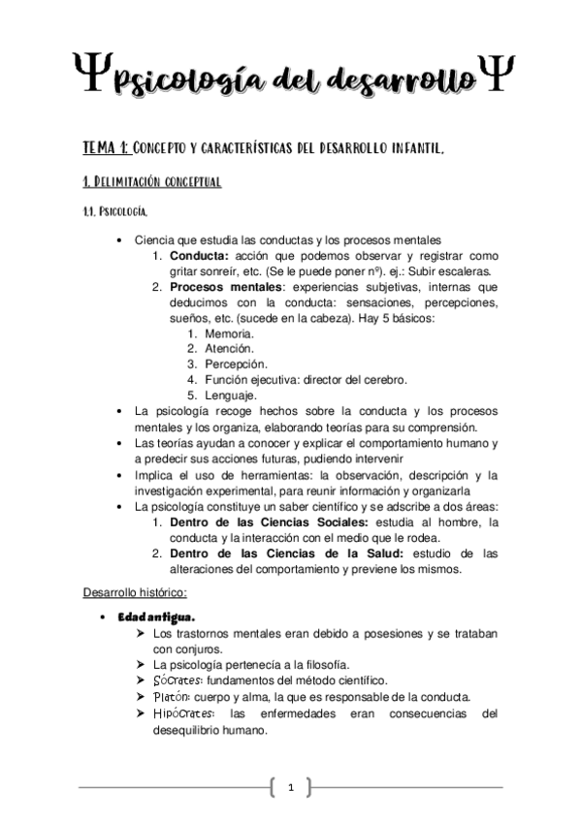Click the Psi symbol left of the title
tap(90, 73)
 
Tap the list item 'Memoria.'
tap(231, 332)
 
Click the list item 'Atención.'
tap(230, 348)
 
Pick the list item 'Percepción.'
tap(237, 364)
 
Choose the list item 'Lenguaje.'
tap(231, 395)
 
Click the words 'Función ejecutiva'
tap(255, 379)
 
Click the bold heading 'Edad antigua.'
tap(156, 616)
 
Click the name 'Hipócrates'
tap(186, 712)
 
